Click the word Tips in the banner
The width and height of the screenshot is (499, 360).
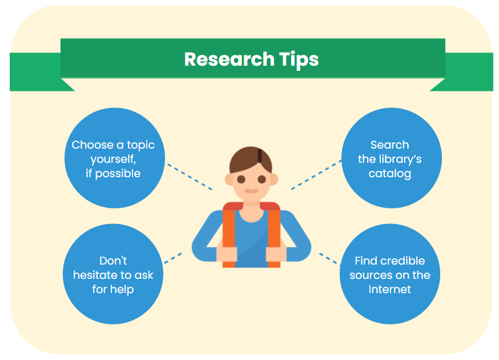coord(299,59)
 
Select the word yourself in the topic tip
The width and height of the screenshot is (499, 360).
coord(112,159)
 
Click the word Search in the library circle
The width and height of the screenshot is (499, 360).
coord(389,145)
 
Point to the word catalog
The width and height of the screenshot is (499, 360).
coord(389,174)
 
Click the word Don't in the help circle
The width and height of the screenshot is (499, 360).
coord(113,261)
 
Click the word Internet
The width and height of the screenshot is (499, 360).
coord(389,289)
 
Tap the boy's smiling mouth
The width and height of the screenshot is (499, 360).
coord(251,191)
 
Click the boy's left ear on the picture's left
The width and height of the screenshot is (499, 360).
coord(229,179)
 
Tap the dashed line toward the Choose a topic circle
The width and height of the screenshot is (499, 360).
coord(188,177)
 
